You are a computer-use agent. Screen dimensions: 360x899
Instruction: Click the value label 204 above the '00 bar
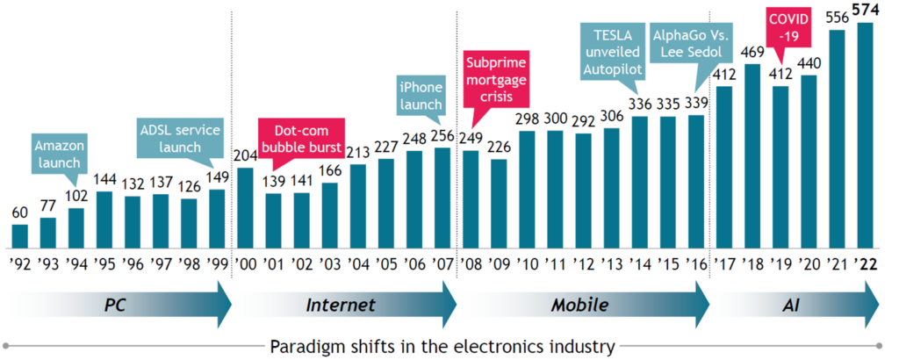tap(246, 155)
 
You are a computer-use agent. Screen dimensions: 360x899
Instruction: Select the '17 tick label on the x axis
tap(725, 266)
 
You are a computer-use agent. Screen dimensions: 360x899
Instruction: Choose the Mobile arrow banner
tap(579, 306)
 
